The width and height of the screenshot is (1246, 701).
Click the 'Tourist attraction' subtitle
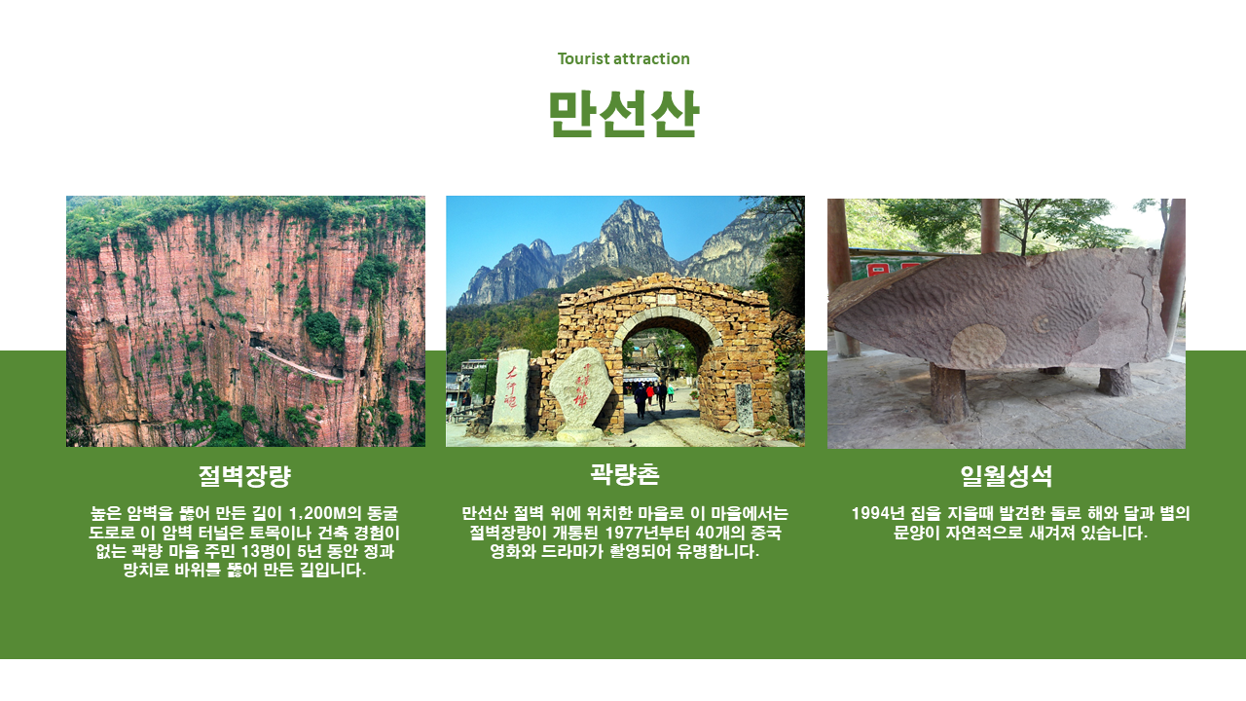pos(623,58)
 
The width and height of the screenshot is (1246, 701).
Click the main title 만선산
pos(624,114)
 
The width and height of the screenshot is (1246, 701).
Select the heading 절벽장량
pos(244,476)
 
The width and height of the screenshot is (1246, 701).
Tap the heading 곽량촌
pos(625,474)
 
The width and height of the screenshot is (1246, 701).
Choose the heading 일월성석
pos(1006,476)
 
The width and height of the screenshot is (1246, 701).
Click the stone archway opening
pos(660,379)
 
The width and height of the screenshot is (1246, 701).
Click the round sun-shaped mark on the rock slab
pos(978,345)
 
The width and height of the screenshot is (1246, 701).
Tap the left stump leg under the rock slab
pos(949,392)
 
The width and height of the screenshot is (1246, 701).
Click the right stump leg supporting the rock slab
pos(1115,380)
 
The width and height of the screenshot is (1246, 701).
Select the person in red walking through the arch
pos(649,392)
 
